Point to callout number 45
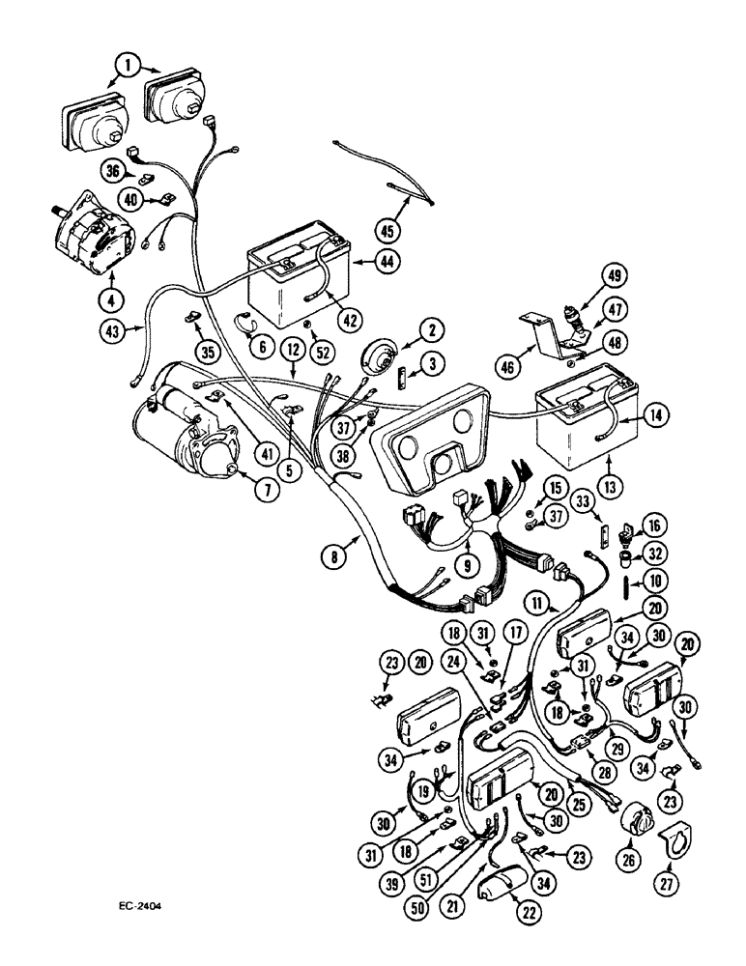(x=415, y=229)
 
